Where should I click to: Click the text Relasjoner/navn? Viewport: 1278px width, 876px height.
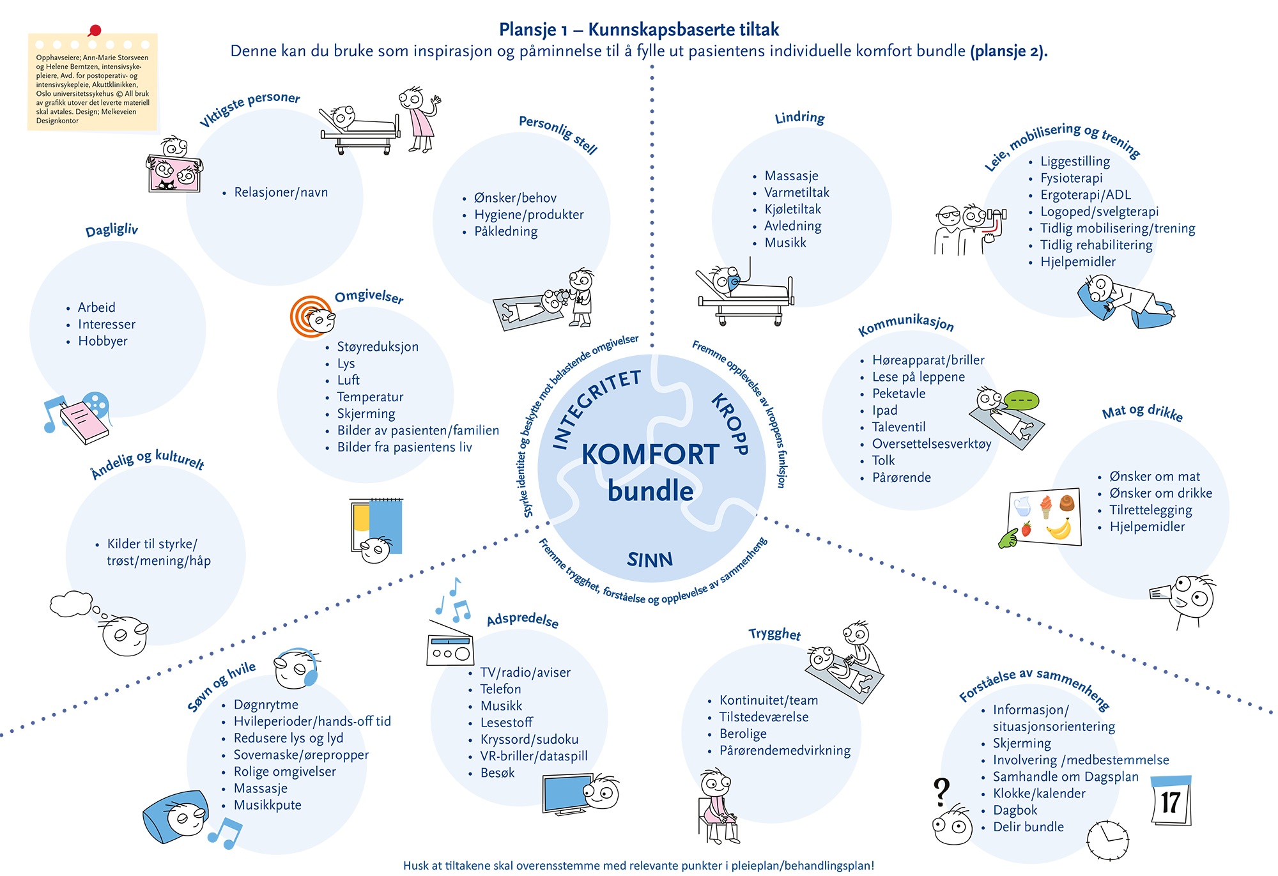point(282,193)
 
